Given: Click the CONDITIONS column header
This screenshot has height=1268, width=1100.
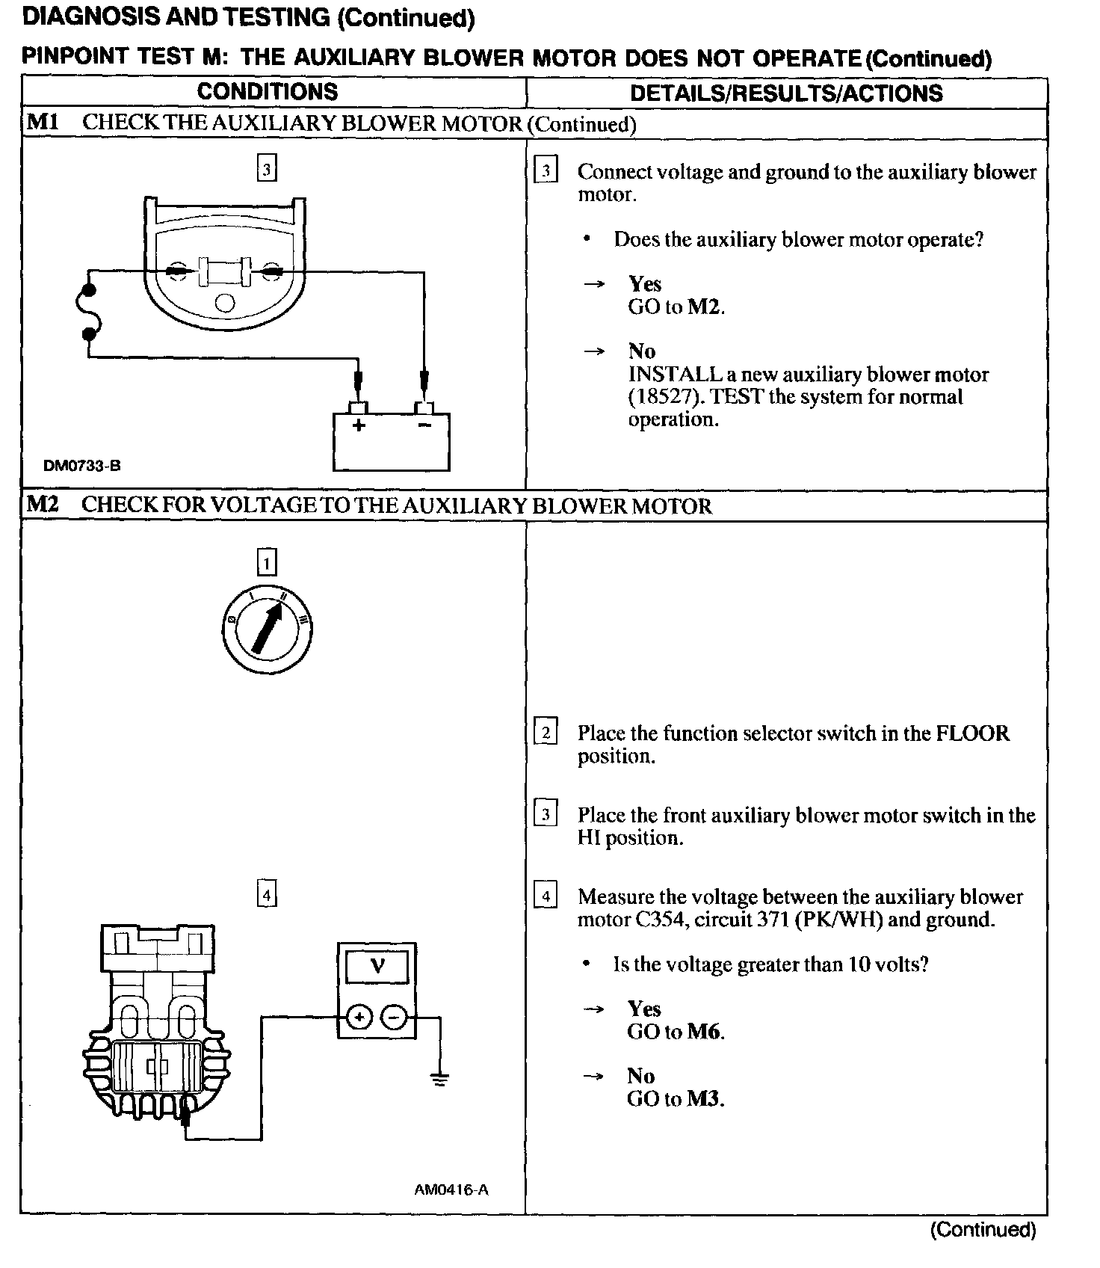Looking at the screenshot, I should [x=267, y=92].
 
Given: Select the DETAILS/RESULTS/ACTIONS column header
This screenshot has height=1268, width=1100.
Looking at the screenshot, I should [x=786, y=93].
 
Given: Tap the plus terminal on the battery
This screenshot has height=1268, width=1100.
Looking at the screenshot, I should [x=359, y=425].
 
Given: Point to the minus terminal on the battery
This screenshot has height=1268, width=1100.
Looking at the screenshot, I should [x=424, y=425].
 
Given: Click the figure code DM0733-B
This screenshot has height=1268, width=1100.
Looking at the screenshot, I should [x=82, y=466].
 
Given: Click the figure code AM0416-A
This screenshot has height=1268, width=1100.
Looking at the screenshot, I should [x=451, y=1189].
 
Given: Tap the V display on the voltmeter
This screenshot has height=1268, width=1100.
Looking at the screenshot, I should [x=377, y=967].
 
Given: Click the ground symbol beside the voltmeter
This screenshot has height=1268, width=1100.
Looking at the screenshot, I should [x=439, y=1079].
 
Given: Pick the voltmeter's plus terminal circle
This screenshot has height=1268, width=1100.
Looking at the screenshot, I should [x=360, y=1017].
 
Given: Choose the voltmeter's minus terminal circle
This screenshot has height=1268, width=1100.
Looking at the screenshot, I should [x=395, y=1017].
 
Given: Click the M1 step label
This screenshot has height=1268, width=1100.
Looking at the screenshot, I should [x=42, y=123].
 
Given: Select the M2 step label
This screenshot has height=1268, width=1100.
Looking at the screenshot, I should [x=42, y=505].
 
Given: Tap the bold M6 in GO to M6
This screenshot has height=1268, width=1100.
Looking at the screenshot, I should [x=703, y=1032].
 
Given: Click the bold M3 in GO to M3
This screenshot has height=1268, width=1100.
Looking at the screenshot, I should [x=703, y=1099].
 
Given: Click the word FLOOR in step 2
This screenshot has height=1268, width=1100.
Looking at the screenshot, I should [x=972, y=733].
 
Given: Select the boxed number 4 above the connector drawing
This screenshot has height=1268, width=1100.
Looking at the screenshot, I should [x=267, y=894].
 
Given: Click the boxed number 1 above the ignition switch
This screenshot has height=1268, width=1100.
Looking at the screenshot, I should [x=267, y=562].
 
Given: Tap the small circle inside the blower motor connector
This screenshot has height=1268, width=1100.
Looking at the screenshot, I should [x=224, y=303].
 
